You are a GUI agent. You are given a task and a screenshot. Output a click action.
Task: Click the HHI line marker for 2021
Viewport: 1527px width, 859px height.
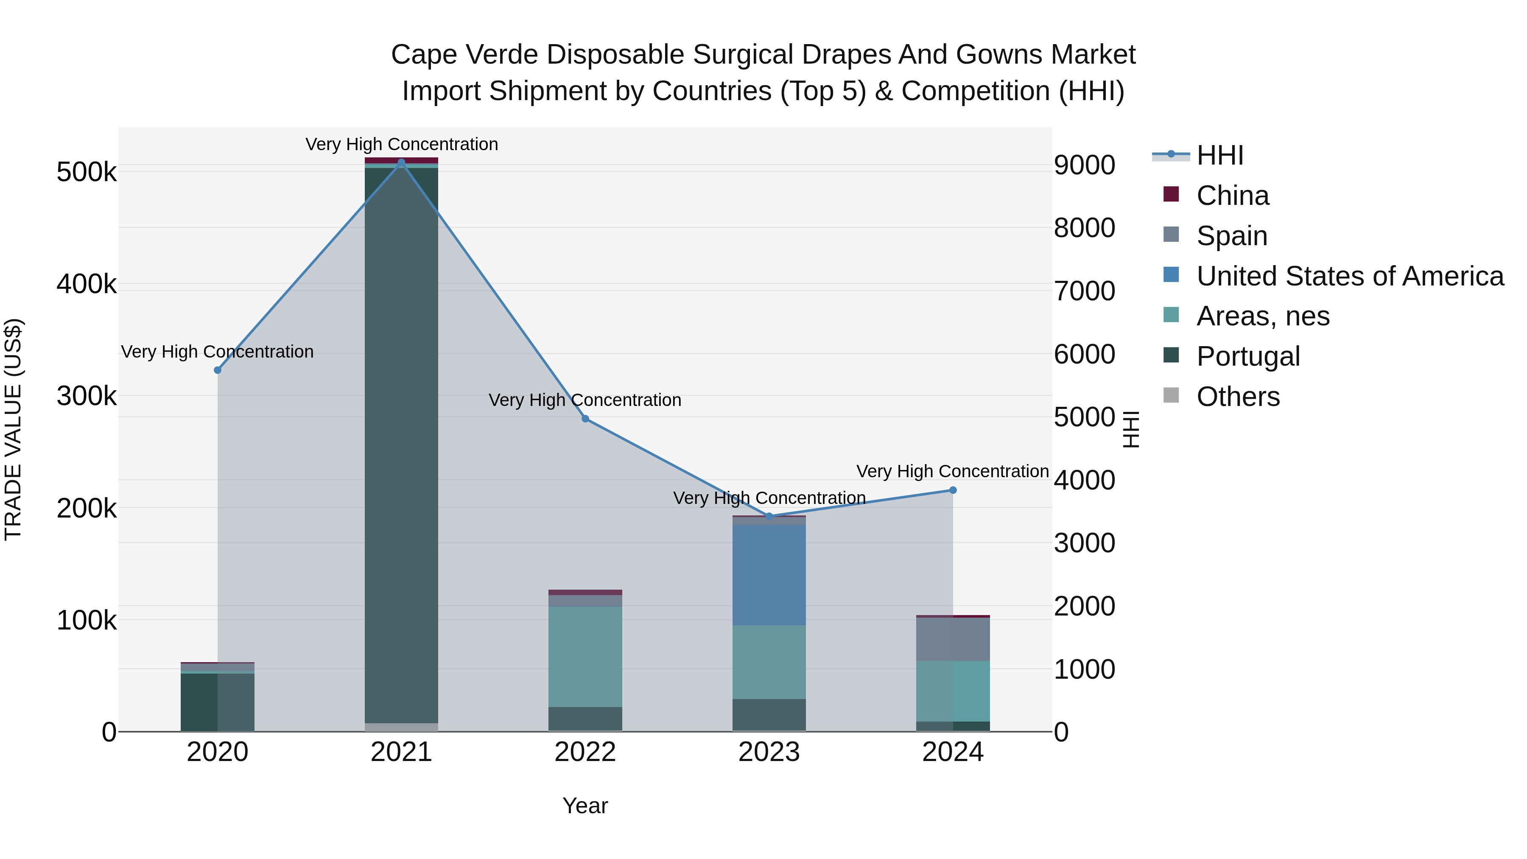[x=401, y=162]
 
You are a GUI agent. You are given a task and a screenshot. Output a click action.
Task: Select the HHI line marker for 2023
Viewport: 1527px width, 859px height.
[x=769, y=516]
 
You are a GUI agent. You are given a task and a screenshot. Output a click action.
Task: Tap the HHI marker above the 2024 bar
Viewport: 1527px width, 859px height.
[x=953, y=490]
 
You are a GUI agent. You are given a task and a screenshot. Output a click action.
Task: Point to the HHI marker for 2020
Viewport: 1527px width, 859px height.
[x=218, y=370]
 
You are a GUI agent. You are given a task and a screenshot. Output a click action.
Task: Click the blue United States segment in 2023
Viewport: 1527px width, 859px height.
[x=769, y=575]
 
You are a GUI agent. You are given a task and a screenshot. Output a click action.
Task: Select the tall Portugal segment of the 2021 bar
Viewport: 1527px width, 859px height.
[x=401, y=445]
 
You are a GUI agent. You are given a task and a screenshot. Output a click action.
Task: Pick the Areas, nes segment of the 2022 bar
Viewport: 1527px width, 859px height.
[x=585, y=656]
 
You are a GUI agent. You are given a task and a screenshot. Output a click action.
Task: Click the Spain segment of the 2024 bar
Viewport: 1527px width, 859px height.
[x=953, y=639]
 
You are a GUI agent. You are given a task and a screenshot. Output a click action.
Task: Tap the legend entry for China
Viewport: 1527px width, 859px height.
[x=1232, y=196]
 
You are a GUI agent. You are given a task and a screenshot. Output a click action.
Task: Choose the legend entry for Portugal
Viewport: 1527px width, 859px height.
[x=1248, y=356]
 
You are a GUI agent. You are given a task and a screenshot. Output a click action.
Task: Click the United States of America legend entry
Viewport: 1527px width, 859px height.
[x=1349, y=276]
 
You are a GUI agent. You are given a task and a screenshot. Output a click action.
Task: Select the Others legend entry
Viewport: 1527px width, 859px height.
[x=1238, y=397]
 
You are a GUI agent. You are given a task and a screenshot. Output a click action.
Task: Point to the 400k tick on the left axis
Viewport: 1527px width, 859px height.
[x=87, y=284]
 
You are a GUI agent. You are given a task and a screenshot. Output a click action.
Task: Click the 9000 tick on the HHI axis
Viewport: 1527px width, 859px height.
[x=1084, y=165]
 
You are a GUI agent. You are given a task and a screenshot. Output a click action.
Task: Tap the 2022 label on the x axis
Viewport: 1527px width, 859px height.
[x=585, y=752]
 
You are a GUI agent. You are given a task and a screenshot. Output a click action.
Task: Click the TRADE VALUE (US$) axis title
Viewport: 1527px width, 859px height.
[x=13, y=429]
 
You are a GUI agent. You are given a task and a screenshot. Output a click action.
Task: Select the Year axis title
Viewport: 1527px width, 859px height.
[x=585, y=806]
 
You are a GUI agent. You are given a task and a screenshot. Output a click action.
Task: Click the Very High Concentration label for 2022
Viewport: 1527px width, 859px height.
[x=585, y=400]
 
